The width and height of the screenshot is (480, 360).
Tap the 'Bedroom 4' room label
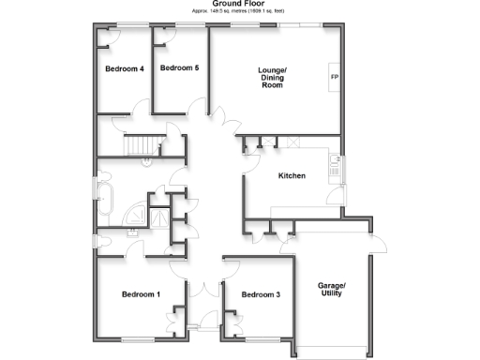point(124,68)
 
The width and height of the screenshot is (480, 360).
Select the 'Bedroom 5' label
point(179,68)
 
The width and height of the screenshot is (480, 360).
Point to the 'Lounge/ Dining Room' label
point(272,78)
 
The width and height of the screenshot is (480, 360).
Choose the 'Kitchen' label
point(292,176)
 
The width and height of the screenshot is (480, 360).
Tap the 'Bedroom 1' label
point(141,294)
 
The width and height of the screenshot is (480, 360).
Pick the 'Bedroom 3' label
point(261,295)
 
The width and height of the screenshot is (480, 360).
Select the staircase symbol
point(142,144)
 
